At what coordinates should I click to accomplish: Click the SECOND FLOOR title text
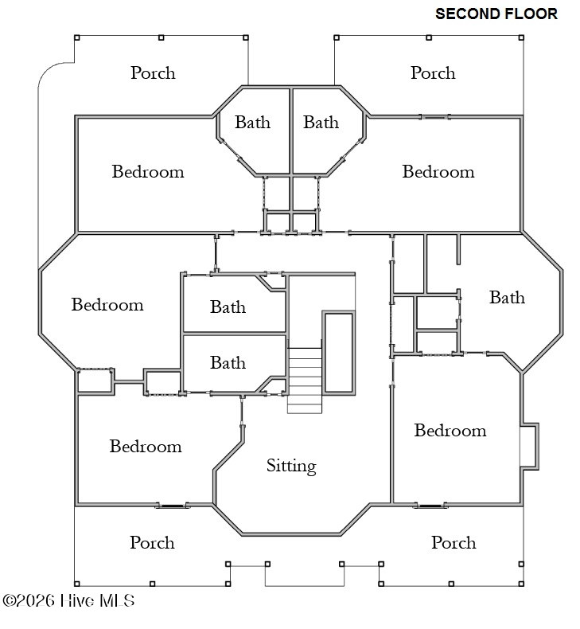496,14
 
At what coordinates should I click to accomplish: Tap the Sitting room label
291,466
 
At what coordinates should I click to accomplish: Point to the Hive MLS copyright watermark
68,600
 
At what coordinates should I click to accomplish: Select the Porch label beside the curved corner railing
153,72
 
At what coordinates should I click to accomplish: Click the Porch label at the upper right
433,72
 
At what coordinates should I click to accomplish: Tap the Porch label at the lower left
152,542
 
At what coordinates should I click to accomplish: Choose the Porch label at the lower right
453,542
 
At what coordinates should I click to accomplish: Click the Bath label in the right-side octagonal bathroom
507,297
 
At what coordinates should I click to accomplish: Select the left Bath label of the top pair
252,122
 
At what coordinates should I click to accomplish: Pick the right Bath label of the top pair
321,122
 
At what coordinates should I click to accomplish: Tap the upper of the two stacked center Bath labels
228,307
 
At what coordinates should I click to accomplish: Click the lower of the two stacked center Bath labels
228,362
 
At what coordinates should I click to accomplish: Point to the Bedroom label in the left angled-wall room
107,304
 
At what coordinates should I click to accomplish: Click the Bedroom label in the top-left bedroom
148,171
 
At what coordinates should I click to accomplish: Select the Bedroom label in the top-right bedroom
438,171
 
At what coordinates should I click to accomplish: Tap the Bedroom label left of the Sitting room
146,446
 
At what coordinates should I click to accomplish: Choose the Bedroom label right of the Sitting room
450,430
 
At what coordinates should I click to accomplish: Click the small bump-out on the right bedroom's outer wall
529,445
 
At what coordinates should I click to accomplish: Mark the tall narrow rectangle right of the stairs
338,352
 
